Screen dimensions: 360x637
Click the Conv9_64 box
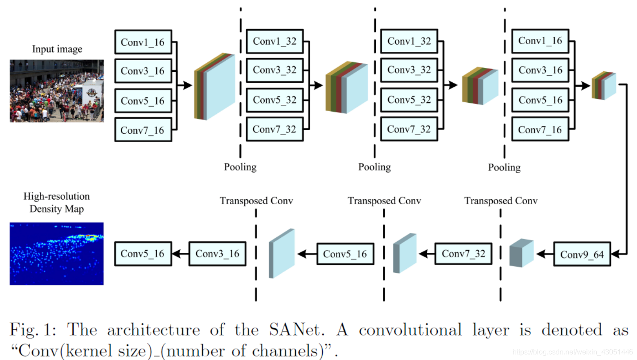click(x=582, y=254)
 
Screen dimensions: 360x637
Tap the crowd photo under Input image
click(x=57, y=91)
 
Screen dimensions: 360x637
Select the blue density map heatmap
click(x=57, y=253)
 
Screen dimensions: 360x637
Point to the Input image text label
click(x=57, y=49)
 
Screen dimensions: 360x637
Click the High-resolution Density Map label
click(x=57, y=202)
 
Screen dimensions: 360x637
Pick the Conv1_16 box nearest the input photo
click(x=143, y=42)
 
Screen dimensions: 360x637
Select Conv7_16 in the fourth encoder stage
click(x=540, y=130)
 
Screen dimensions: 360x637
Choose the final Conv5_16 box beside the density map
click(x=143, y=254)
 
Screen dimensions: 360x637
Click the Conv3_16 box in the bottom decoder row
click(x=217, y=254)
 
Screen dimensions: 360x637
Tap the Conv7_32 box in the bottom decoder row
click(x=463, y=254)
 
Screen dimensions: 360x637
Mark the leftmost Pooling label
click(x=240, y=167)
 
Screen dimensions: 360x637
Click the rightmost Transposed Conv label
click(x=501, y=201)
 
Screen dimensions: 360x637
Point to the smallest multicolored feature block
click(x=604, y=85)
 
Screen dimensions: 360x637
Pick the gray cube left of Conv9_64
click(x=521, y=253)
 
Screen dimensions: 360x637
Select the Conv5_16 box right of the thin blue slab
click(x=345, y=254)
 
